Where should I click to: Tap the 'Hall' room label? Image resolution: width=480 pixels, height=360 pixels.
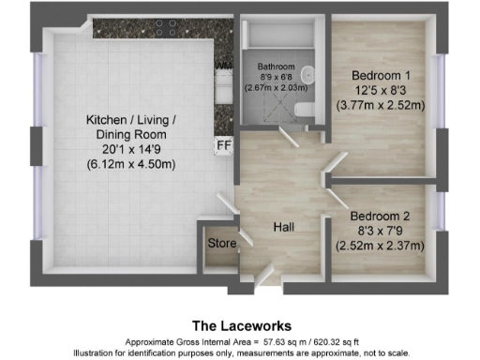pos(285,228)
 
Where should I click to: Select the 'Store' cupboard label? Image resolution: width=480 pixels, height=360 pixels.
pos(221,243)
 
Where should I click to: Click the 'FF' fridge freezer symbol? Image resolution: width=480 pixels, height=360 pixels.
pos(223,146)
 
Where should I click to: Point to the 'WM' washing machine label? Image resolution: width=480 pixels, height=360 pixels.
pos(224,66)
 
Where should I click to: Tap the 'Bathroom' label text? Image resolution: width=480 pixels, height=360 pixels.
pos(277,67)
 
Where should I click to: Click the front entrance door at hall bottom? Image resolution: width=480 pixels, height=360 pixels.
pos(264,276)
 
